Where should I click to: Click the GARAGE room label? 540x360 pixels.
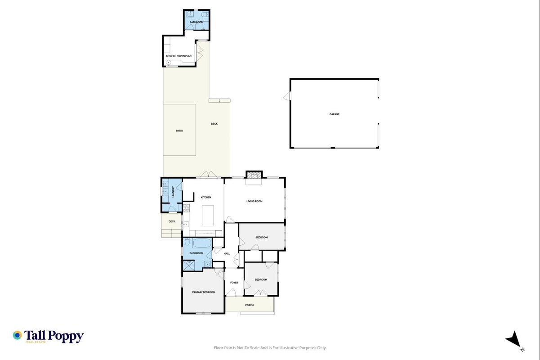pos(335,114)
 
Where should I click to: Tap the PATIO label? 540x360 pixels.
pos(179,131)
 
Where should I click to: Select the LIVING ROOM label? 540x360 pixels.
pos(254,201)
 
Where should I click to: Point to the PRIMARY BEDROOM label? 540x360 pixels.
pos(204,292)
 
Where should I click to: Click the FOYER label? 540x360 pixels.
pos(234,283)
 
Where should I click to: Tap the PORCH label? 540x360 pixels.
pos(249,305)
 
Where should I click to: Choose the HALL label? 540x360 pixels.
pos(227,254)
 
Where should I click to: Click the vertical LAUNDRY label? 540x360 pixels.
pos(173,192)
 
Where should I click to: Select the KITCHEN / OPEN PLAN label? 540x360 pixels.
pos(179,56)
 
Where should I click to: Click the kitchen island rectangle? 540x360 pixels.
pos(208,216)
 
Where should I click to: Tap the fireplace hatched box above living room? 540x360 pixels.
pos(254,175)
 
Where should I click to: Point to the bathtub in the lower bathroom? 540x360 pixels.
pos(202,243)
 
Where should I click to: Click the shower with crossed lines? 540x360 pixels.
pos(189,265)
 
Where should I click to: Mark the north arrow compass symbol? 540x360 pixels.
pos(514,339)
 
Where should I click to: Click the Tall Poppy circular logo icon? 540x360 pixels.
pos(17,335)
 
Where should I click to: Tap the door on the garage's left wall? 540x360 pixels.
pos(287,96)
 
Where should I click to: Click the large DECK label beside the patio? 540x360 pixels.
pos(214,124)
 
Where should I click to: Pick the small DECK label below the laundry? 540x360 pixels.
pos(172,221)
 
